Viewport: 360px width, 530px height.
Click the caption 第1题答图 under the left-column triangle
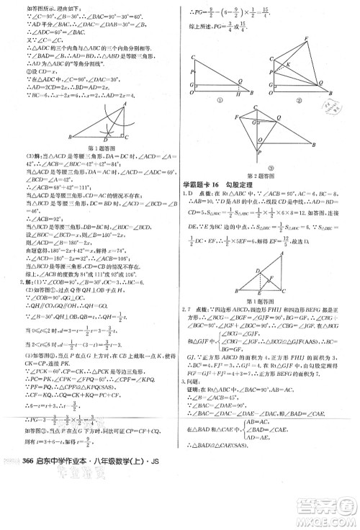pyautogui.click(x=96, y=150)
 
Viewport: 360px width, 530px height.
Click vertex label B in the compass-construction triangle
pyautogui.click(x=70, y=137)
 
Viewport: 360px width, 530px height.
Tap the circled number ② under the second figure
pyautogui.click(x=300, y=99)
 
